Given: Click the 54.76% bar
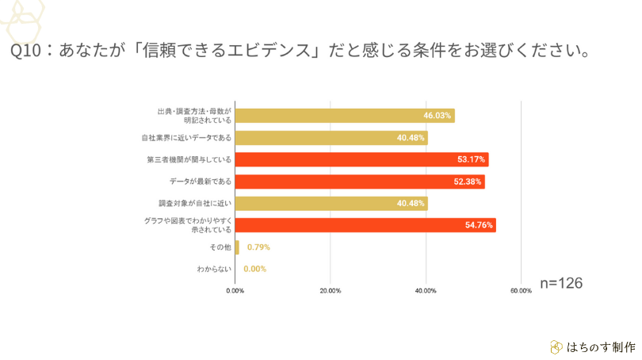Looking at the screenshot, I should [365, 225].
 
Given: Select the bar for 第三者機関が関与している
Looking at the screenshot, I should [361, 159].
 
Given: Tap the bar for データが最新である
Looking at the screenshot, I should [360, 182].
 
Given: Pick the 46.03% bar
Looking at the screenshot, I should [345, 116].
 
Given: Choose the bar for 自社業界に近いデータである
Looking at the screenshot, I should [331, 138].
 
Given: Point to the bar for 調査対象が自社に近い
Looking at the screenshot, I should [331, 203].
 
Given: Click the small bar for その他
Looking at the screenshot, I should [237, 247].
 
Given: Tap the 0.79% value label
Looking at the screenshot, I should [258, 247].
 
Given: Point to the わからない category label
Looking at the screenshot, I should [214, 270].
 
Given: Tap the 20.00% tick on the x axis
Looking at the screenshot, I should [331, 291].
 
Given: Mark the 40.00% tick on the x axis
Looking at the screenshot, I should [426, 291].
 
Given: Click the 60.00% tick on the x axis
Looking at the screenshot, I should [521, 291].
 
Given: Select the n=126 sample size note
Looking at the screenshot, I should [561, 283].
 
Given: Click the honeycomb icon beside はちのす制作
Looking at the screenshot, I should [556, 347].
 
